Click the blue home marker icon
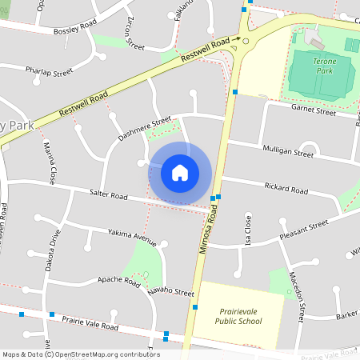pyautogui.click(x=180, y=172)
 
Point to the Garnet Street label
pyautogui.click(x=313, y=111)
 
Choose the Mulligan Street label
pyautogui.click(x=287, y=150)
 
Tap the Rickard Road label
pyautogui.click(x=284, y=190)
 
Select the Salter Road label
pyautogui.click(x=109, y=194)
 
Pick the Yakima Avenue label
pyautogui.click(x=133, y=237)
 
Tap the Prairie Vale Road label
pyautogui.click(x=90, y=323)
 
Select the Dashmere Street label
pyautogui.click(x=144, y=129)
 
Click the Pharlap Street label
pyautogui.click(x=49, y=71)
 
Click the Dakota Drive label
pyautogui.click(x=55, y=251)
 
